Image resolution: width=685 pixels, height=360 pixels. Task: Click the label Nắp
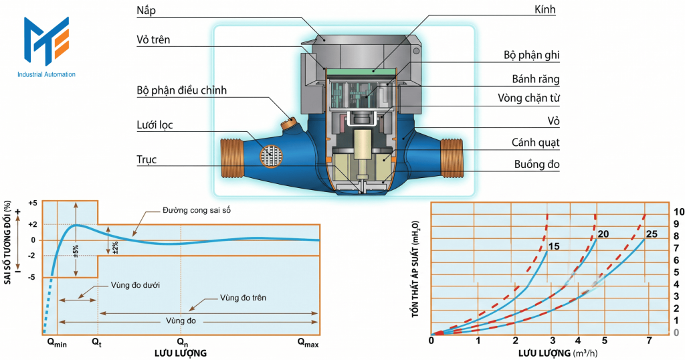coord(146,11)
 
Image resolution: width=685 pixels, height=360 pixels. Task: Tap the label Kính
coord(545,10)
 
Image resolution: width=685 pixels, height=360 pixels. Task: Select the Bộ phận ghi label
coord(531,55)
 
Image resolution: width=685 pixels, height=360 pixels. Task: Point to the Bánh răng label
coord(534,79)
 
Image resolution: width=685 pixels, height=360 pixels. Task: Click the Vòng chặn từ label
coord(528,98)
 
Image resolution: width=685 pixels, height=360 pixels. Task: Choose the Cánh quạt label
coord(535,143)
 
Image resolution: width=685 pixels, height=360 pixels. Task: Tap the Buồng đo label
coord(537,164)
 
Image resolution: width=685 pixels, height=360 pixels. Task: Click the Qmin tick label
coord(57,343)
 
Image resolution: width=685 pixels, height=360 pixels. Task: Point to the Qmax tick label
coord(308,343)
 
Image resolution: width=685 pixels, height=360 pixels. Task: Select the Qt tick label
coord(98,343)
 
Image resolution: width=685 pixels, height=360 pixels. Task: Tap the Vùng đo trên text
coord(243,297)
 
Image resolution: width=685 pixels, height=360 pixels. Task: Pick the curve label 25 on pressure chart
coord(652,234)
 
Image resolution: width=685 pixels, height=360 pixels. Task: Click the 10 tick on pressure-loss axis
coord(677,211)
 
